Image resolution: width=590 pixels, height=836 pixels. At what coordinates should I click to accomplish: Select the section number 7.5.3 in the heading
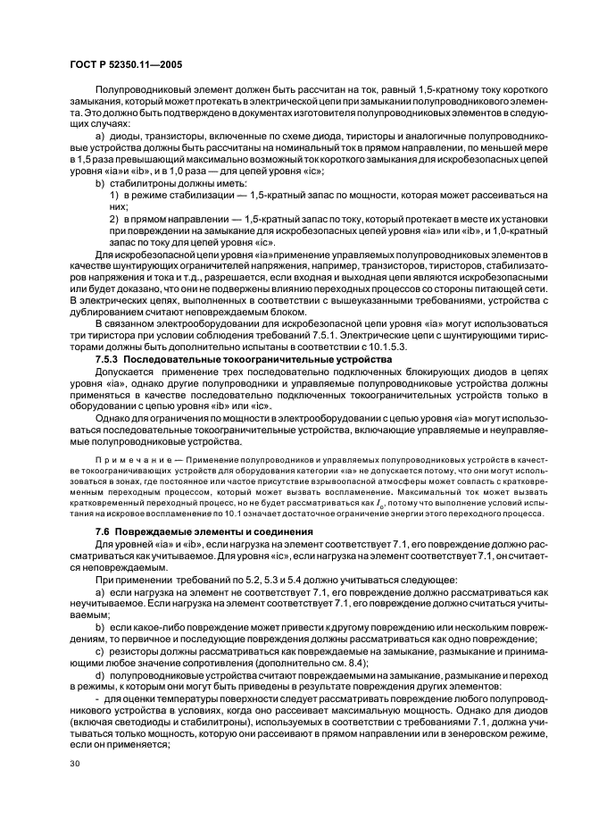point(111,358)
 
